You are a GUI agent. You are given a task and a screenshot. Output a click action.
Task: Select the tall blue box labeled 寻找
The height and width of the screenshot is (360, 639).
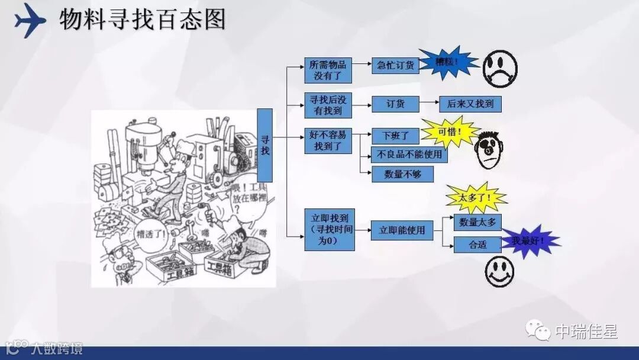point(264,145)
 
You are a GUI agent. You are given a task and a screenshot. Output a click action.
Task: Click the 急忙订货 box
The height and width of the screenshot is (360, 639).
point(395,65)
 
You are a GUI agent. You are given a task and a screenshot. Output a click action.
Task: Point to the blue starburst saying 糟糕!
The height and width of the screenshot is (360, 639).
point(447,62)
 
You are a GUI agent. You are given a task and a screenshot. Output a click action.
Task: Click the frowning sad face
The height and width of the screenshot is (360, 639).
point(499,68)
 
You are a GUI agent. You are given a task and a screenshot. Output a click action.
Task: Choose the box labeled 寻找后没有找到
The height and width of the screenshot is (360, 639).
point(328,105)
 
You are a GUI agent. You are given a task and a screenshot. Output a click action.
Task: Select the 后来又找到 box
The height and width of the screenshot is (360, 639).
point(470,104)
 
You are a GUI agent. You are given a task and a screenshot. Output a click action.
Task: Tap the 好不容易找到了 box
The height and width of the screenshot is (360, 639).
point(328,140)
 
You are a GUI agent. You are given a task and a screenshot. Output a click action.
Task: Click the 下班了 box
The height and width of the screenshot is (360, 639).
point(395,136)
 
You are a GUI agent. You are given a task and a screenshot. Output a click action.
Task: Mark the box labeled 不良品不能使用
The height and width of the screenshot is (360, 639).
point(409,155)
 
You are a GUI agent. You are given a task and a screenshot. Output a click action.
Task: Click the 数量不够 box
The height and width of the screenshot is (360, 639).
point(402,174)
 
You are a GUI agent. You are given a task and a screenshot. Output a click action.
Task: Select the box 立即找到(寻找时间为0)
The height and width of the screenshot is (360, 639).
point(330,229)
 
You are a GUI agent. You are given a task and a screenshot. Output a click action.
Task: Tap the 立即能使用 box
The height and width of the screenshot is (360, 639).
point(402,230)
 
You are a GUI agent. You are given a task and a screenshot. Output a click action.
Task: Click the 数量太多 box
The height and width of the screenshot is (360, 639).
point(477,222)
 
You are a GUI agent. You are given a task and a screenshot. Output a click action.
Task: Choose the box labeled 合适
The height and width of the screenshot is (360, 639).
point(477,244)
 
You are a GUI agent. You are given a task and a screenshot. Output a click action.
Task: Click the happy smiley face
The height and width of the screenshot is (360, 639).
point(499,271)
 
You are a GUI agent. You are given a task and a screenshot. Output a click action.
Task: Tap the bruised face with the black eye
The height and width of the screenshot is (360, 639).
point(489,150)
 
